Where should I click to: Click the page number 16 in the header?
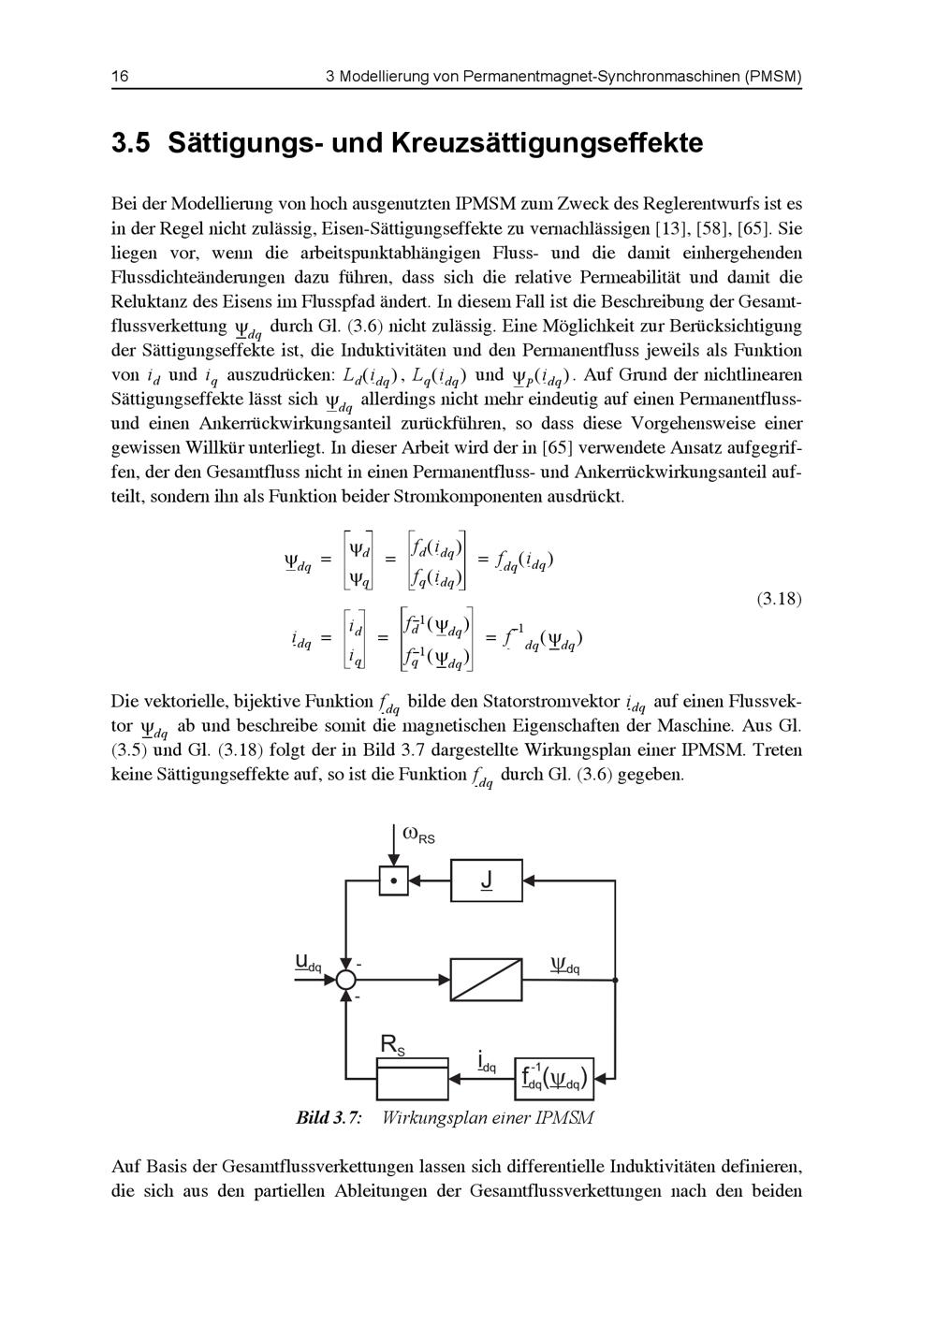[x=120, y=77]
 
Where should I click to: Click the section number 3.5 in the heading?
[x=131, y=144]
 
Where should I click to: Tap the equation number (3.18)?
[x=778, y=599]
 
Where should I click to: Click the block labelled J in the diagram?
[x=487, y=880]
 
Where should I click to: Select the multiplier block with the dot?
[x=394, y=880]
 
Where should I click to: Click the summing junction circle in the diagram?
[x=346, y=980]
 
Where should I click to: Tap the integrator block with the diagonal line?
[x=487, y=980]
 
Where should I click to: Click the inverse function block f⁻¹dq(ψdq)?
[x=556, y=1079]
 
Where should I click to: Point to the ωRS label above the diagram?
[x=418, y=835]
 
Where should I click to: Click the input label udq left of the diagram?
[x=308, y=961]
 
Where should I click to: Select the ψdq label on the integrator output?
[x=565, y=965]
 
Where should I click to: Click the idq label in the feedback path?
[x=486, y=1063]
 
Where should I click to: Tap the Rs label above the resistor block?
[x=392, y=1045]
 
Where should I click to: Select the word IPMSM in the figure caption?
[x=564, y=1118]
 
